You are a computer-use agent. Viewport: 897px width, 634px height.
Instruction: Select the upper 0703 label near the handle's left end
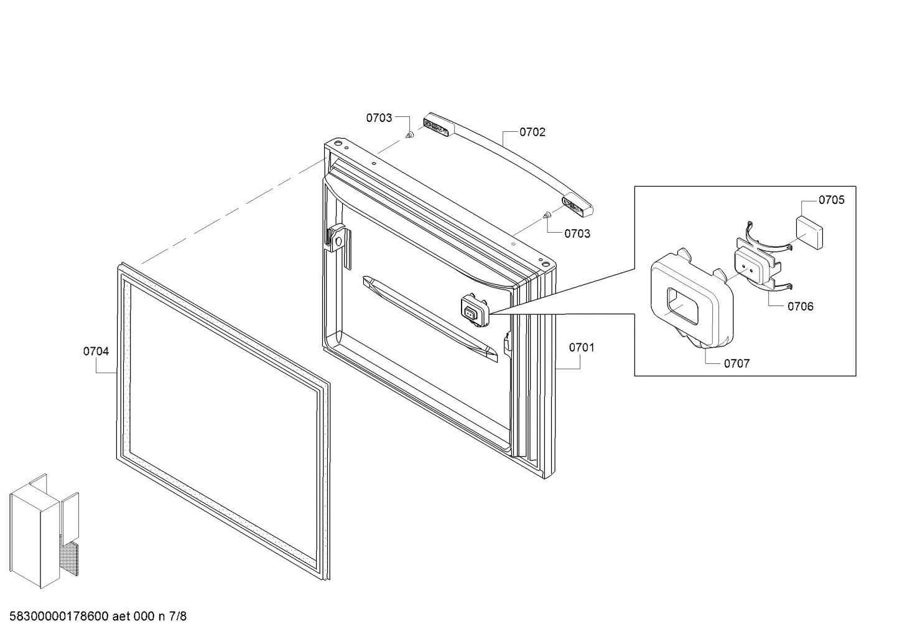click(379, 118)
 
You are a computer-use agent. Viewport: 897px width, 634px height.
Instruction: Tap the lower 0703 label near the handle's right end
click(577, 233)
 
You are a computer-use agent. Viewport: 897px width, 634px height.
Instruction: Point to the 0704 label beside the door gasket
click(96, 352)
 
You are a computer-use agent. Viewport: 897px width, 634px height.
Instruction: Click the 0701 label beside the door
click(582, 348)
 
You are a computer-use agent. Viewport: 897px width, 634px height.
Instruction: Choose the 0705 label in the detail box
click(831, 200)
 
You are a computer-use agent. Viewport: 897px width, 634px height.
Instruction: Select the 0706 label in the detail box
click(800, 306)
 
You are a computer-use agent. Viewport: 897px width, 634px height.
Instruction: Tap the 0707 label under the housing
click(737, 363)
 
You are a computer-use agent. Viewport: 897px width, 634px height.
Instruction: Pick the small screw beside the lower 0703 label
click(546, 215)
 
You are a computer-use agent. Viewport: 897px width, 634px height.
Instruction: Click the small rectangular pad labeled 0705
click(811, 231)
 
